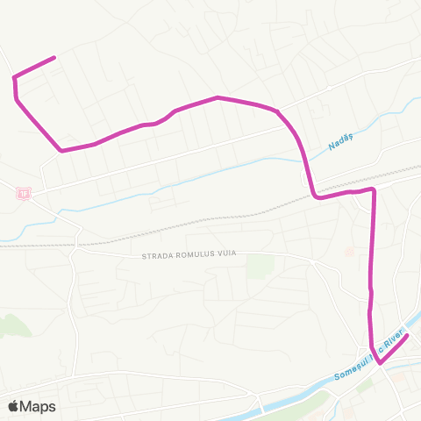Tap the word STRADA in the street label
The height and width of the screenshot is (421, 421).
click(158, 255)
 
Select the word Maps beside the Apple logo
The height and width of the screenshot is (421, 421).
click(38, 406)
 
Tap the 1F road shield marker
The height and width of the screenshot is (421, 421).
click(24, 193)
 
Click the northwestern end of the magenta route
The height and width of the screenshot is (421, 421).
click(54, 58)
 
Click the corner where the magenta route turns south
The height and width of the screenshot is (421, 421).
click(374, 189)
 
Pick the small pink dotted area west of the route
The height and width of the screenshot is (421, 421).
click(349, 252)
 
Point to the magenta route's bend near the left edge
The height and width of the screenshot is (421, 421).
click(15, 79)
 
